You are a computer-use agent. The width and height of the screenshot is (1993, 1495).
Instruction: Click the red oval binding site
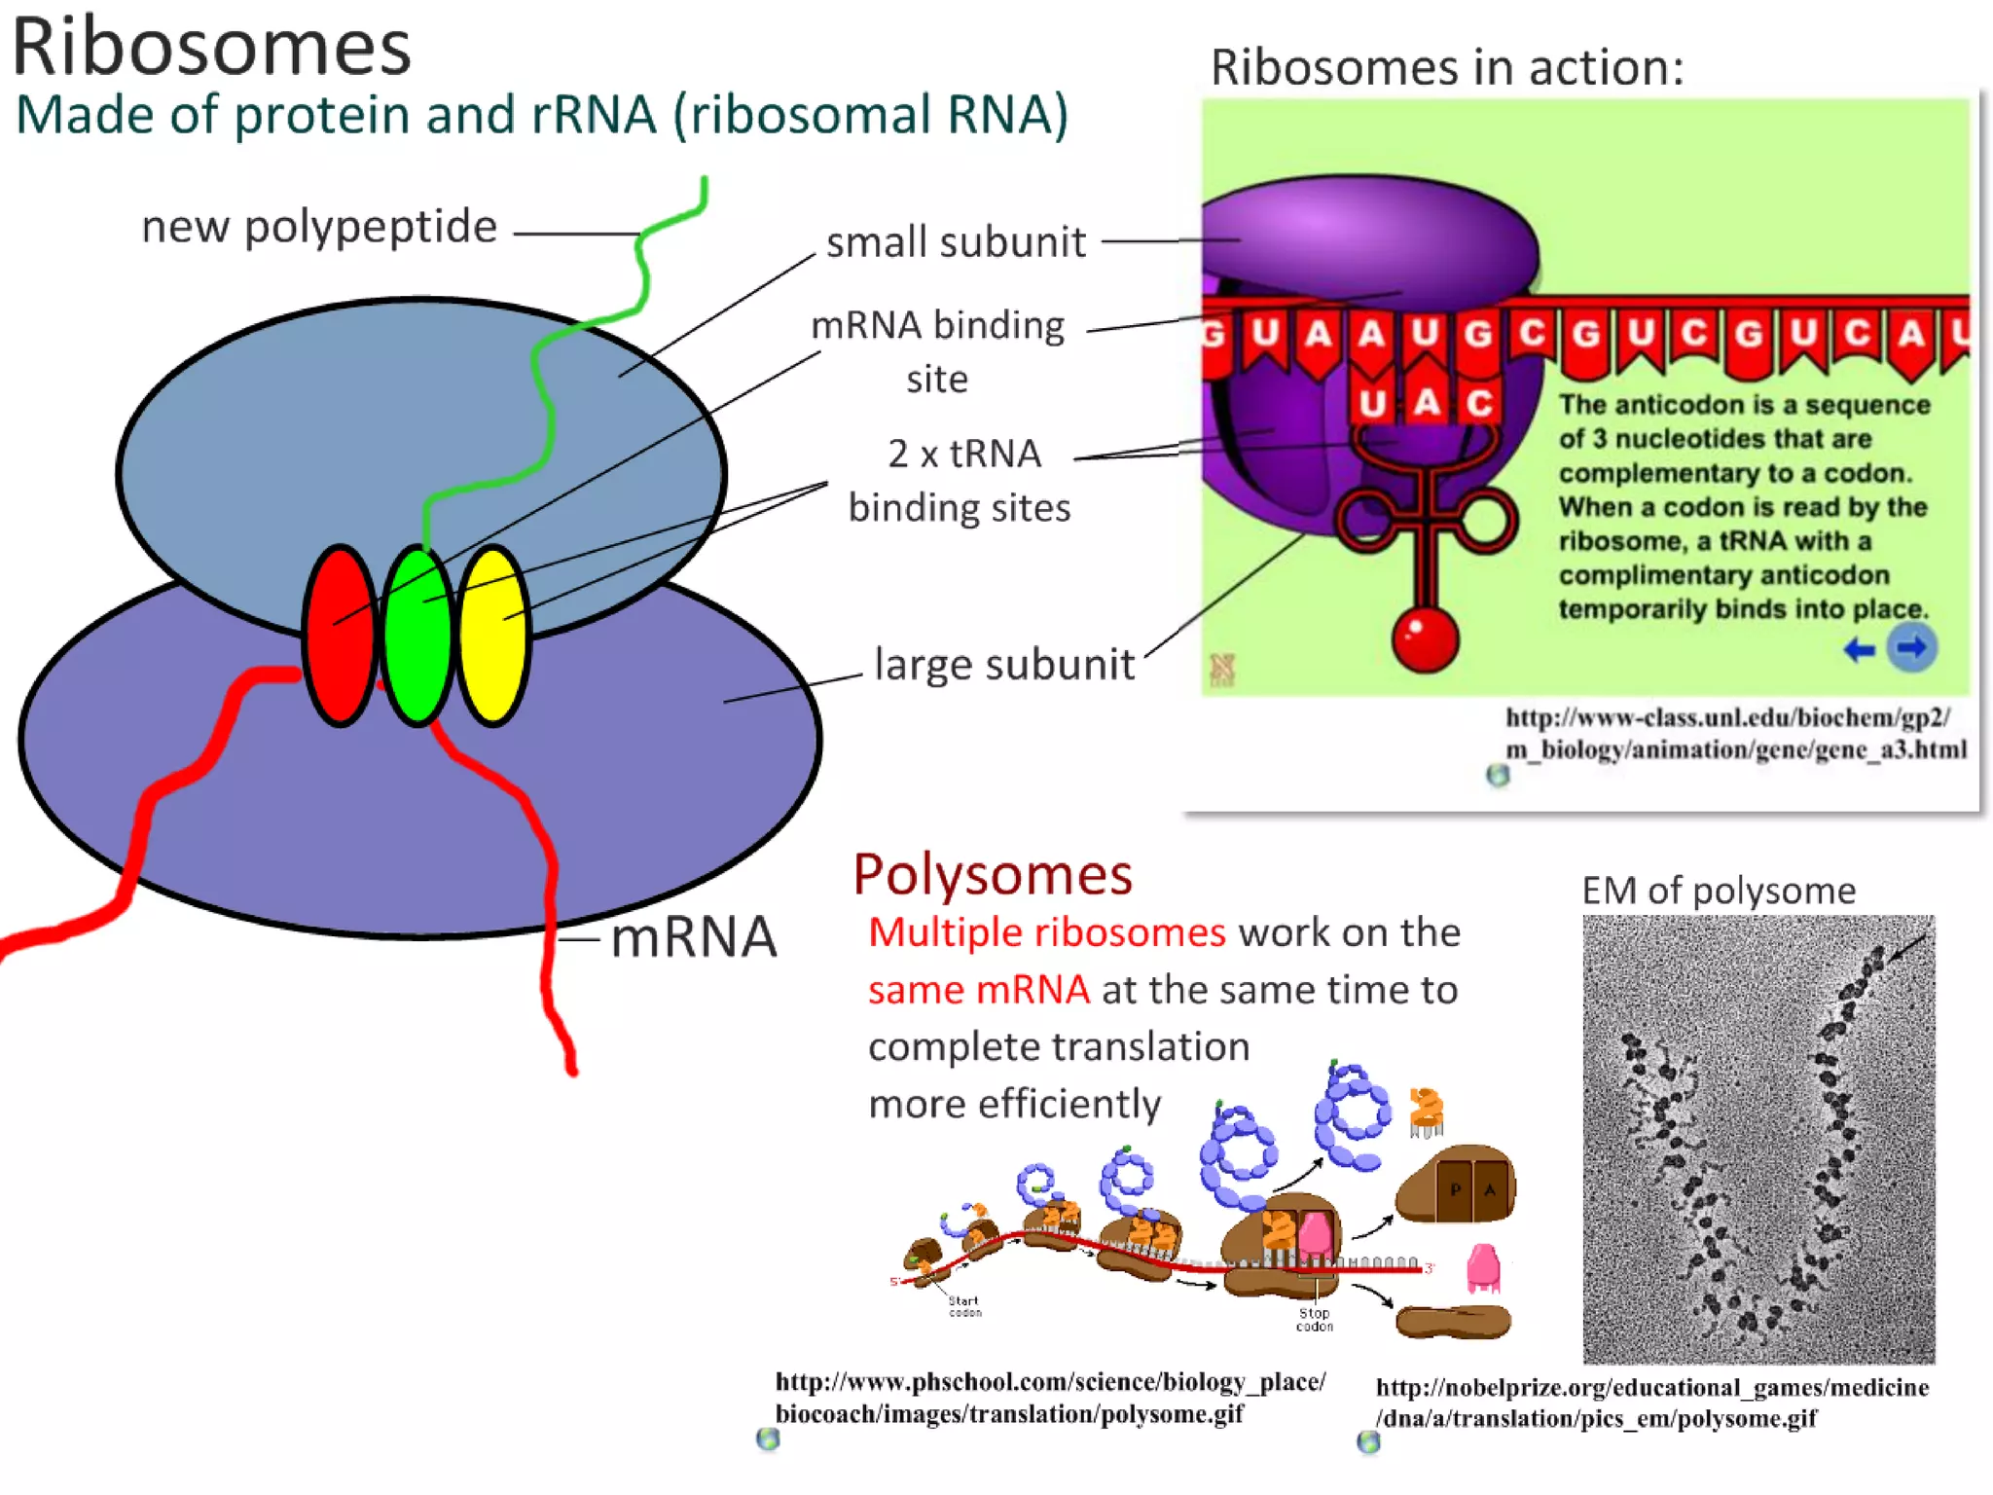click(x=340, y=635)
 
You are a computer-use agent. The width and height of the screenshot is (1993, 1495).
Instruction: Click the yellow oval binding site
click(x=493, y=635)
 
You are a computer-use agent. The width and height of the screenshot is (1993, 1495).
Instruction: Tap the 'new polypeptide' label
click(x=319, y=227)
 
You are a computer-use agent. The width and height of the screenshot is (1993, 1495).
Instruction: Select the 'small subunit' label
click(x=956, y=242)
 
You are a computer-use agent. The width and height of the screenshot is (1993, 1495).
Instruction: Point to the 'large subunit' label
click(x=1004, y=666)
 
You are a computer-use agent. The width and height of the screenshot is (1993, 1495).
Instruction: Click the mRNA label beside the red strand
click(x=694, y=938)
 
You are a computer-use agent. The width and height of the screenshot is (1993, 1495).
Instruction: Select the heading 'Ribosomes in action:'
click(x=1446, y=68)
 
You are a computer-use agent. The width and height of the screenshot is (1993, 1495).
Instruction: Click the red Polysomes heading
click(x=993, y=874)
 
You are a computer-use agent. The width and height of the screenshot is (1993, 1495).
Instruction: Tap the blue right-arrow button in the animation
click(x=1911, y=648)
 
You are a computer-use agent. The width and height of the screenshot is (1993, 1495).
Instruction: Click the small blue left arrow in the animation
click(x=1859, y=649)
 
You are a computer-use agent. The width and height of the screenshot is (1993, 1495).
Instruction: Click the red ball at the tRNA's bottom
click(x=1425, y=639)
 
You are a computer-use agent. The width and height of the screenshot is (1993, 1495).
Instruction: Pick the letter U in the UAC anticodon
click(x=1372, y=403)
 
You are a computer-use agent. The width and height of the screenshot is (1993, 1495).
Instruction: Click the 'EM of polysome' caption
click(x=1719, y=891)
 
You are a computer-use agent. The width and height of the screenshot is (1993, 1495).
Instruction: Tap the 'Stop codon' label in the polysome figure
click(x=1314, y=1319)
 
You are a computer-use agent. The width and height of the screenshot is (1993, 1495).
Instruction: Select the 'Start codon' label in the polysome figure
click(x=964, y=1306)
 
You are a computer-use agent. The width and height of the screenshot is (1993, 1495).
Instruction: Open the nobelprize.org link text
click(x=1651, y=1403)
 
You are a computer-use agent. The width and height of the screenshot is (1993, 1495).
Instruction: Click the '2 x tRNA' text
click(x=963, y=455)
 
